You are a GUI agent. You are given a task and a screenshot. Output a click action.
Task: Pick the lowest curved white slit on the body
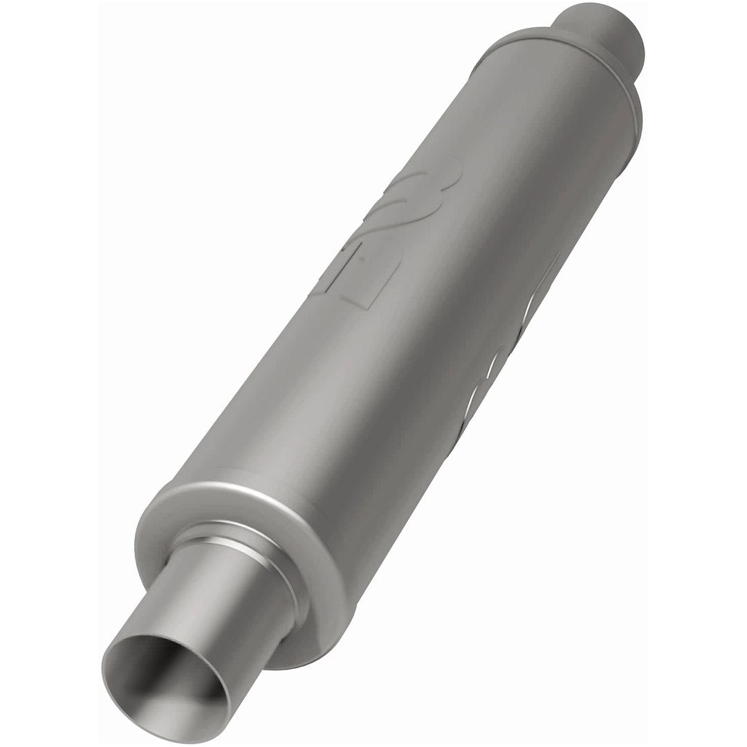pos(477,394)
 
